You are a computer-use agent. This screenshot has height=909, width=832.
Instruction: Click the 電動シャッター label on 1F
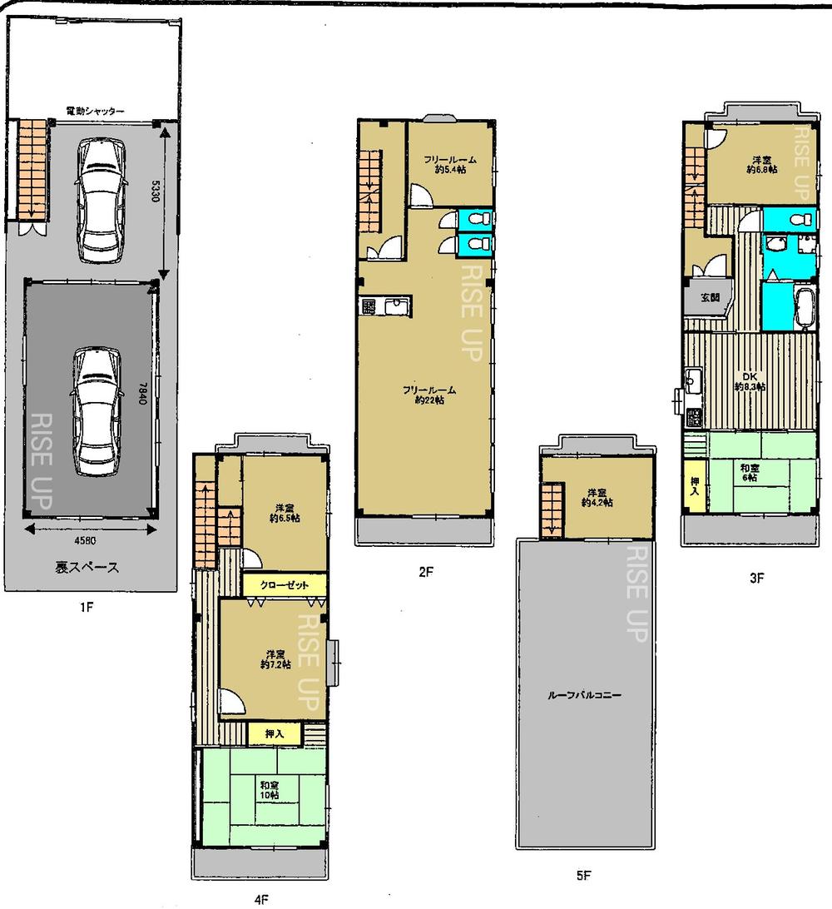96,111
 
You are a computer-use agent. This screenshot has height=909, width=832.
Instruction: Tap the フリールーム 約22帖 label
428,395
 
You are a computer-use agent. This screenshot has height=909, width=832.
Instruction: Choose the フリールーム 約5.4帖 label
449,163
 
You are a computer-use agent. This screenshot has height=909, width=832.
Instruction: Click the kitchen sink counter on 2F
385,306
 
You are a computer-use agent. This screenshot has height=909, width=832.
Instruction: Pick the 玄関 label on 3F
709,297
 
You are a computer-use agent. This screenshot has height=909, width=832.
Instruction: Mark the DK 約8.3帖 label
750,380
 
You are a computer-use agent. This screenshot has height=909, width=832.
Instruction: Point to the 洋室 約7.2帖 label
275,658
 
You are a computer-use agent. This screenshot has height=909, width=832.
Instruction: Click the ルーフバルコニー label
585,694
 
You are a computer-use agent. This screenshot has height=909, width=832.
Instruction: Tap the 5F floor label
583,875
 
